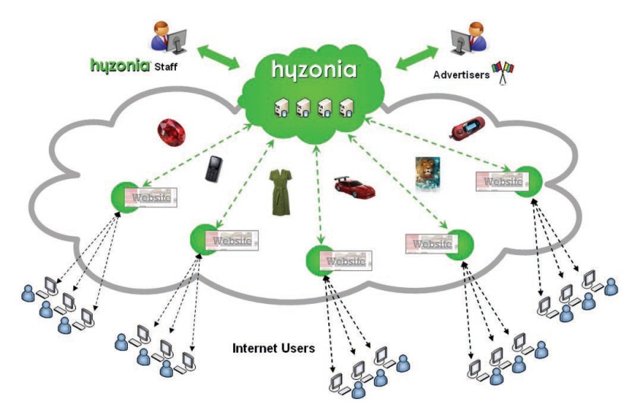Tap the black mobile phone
point(212,169)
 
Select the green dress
point(281,193)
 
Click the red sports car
point(356,186)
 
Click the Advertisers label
point(461,75)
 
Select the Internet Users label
point(273,350)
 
